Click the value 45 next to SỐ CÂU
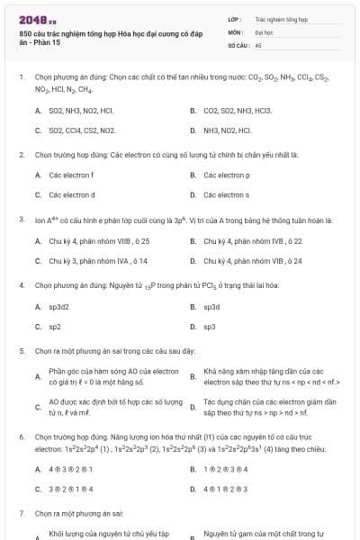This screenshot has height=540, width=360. coord(258,43)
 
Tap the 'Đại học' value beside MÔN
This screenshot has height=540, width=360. coord(263,31)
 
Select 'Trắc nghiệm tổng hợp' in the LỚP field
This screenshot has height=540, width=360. coord(281,18)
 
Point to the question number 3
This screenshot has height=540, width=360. coord(21,220)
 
